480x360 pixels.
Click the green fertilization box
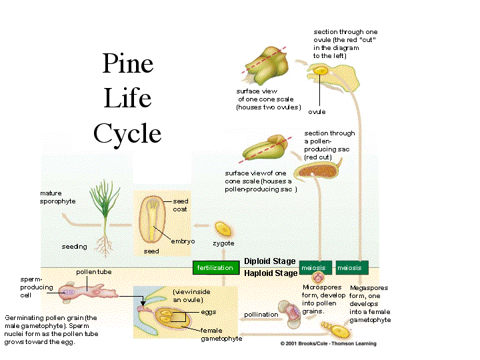point(215,267)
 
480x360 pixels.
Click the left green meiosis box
point(315,267)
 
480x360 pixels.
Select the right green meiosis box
point(351,267)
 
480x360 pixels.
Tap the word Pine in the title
point(127,64)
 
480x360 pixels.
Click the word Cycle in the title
point(127,133)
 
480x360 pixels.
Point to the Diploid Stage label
point(270,261)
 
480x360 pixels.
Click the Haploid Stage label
point(270,273)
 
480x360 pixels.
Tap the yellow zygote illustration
point(223,229)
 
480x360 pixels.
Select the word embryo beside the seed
point(183,241)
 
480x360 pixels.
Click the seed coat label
point(180,205)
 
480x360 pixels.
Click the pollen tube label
point(89,273)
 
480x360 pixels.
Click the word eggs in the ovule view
point(208,311)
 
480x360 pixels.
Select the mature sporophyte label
point(57,197)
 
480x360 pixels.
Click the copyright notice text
point(328,344)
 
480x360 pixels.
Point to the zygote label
point(223,244)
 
